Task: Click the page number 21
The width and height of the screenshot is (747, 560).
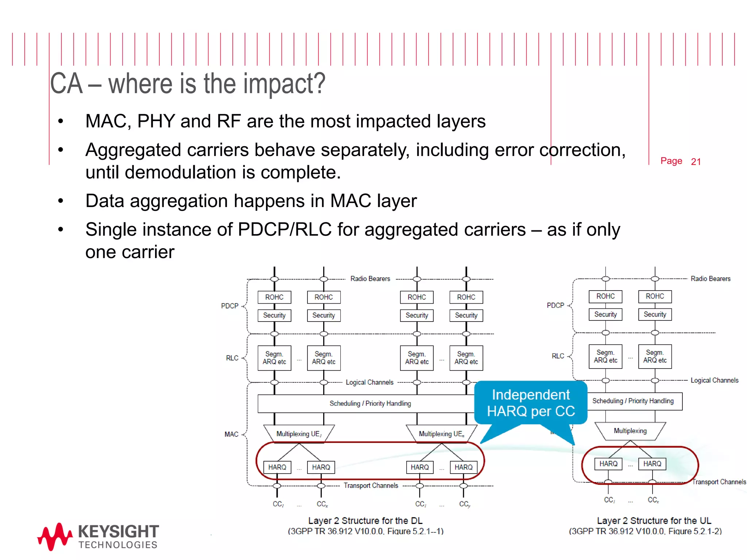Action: pos(696,162)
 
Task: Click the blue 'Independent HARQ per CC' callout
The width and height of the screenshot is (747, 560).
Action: pos(531,403)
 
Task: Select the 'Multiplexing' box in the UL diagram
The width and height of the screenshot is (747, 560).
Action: pos(630,431)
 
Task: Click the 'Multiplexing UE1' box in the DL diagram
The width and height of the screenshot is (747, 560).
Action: pos(299,434)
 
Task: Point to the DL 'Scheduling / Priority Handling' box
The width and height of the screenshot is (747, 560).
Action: pos(370,404)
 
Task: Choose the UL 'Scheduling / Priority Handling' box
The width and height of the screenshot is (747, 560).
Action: pos(633,401)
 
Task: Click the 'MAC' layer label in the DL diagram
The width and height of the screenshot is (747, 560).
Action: pos(231,434)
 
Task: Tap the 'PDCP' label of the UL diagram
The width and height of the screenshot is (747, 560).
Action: pos(555,306)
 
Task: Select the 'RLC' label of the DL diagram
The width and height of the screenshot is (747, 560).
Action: pos(232,358)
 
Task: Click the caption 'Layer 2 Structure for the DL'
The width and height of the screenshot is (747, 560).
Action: pos(365,521)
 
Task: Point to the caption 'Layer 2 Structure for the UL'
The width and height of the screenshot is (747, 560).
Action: pos(654,521)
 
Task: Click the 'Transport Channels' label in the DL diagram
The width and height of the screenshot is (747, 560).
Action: pos(371,486)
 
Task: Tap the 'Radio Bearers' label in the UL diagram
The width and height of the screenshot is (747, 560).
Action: pos(711,279)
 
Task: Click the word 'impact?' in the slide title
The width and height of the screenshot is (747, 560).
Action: pos(284,84)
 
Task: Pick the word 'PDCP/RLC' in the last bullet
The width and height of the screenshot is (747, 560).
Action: pos(285,230)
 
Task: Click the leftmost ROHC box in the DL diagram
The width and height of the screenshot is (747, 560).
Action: pos(274,297)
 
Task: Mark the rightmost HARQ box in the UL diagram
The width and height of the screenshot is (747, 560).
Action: pos(652,464)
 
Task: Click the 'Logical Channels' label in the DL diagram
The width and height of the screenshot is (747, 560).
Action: pos(369,382)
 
